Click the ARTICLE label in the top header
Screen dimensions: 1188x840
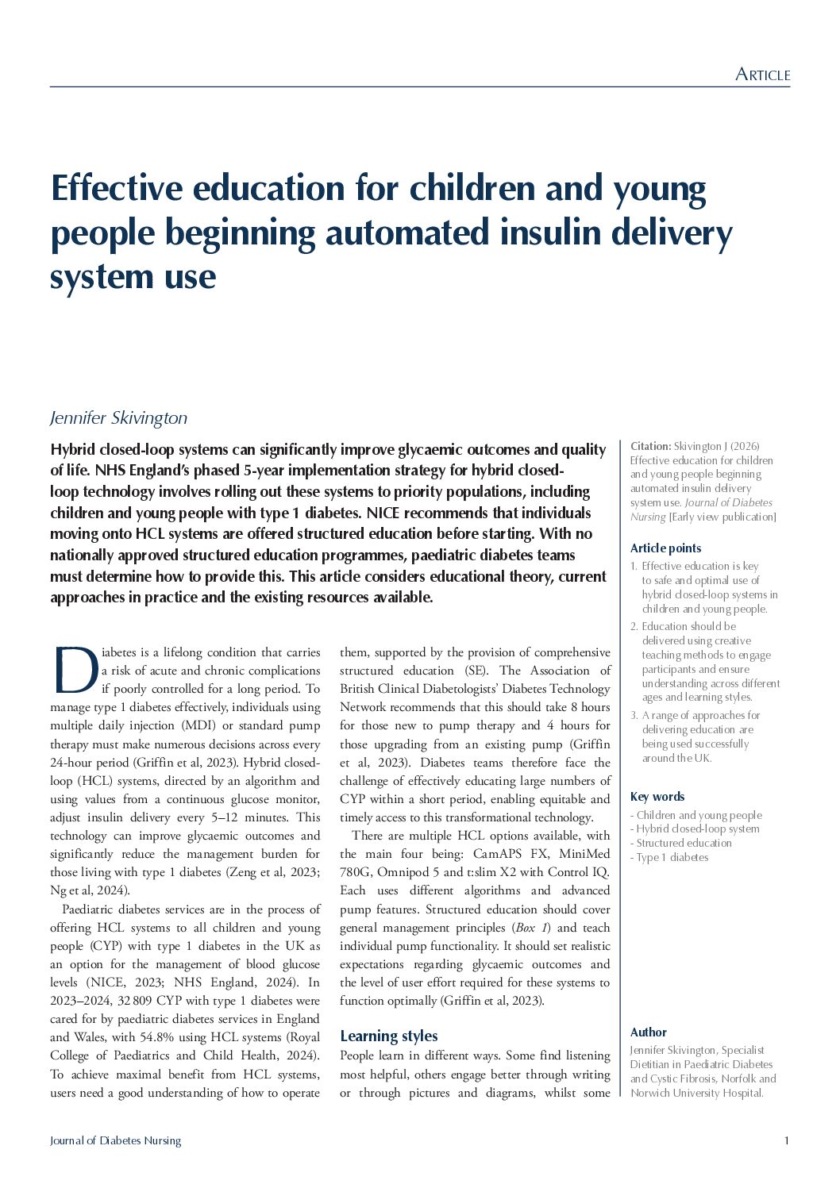tap(762, 75)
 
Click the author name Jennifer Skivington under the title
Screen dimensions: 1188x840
tap(118, 417)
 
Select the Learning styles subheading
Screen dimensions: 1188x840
tap(388, 1036)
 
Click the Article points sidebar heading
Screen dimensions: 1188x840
tap(665, 548)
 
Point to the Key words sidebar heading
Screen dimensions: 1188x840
tap(657, 797)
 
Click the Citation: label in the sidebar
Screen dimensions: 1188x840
tap(650, 447)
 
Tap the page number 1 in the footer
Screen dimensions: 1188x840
tap(786, 1141)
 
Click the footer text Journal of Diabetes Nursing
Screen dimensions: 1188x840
tap(115, 1141)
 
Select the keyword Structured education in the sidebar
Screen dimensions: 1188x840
tap(684, 843)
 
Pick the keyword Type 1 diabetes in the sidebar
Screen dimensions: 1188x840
tap(672, 857)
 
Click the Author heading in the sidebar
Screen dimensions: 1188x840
tap(648, 1032)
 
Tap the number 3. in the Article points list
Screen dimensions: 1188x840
tap(634, 716)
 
